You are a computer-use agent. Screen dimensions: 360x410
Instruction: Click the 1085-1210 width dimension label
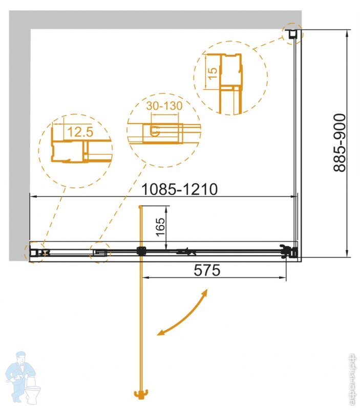tap(179, 189)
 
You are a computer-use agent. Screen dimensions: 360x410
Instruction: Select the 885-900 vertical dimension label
tap(340, 143)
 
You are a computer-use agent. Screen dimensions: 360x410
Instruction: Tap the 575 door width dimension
tap(207, 270)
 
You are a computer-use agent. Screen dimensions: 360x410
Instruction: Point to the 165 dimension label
tap(160, 227)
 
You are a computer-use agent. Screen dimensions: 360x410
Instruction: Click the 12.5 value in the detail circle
tap(80, 132)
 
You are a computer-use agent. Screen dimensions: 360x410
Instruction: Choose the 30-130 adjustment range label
tap(164, 106)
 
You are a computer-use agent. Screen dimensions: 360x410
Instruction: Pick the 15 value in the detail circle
tap(213, 73)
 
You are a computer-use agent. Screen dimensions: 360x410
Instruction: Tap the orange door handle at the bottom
tap(141, 394)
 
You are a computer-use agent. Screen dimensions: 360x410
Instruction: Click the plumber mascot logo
tap(23, 377)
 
